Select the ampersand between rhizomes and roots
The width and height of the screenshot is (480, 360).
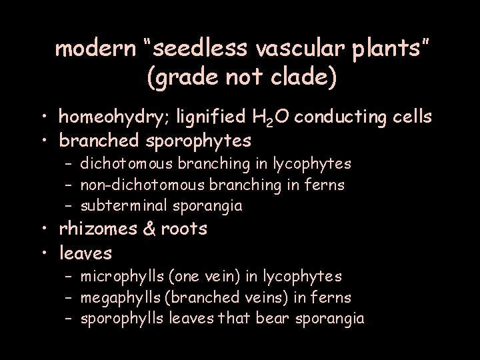coord(149,229)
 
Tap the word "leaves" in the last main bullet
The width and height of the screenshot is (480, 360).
coord(86,253)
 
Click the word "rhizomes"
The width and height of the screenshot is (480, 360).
coord(97,229)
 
